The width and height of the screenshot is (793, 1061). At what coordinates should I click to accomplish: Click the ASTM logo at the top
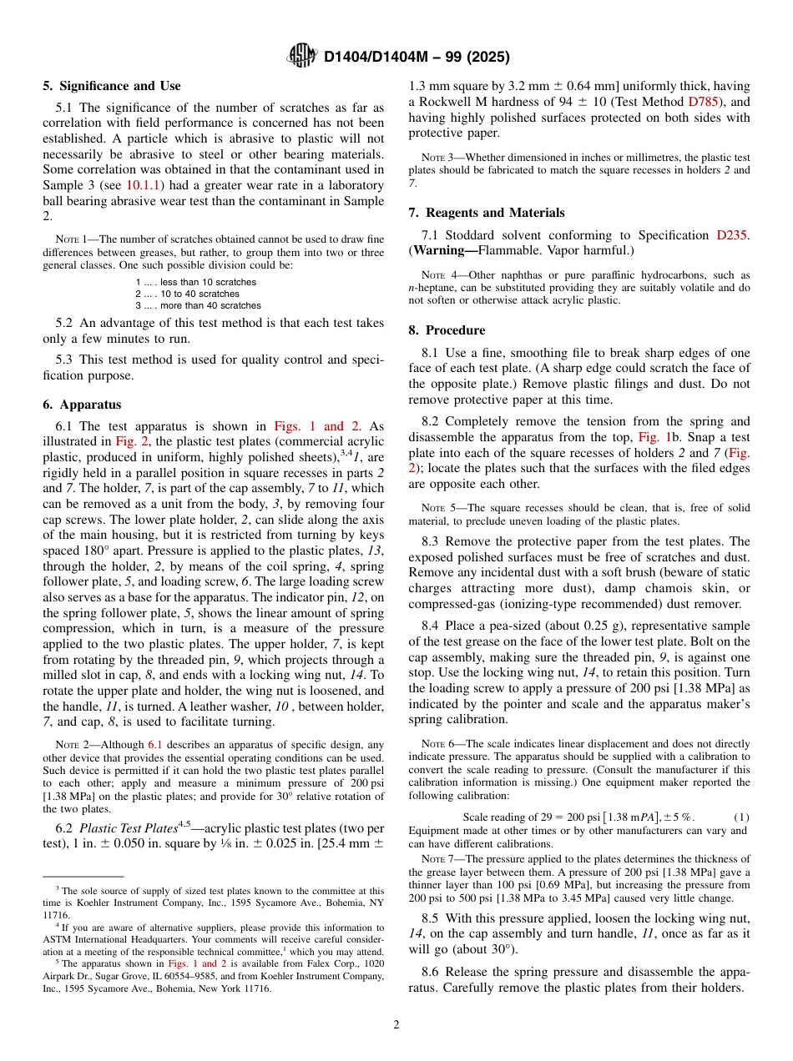tap(302, 56)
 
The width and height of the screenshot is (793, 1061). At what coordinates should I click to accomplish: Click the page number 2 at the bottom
tap(396, 1024)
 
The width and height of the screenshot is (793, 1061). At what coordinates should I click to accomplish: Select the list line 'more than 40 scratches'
tap(198, 305)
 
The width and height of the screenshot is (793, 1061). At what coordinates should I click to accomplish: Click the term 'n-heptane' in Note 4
tap(432, 288)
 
